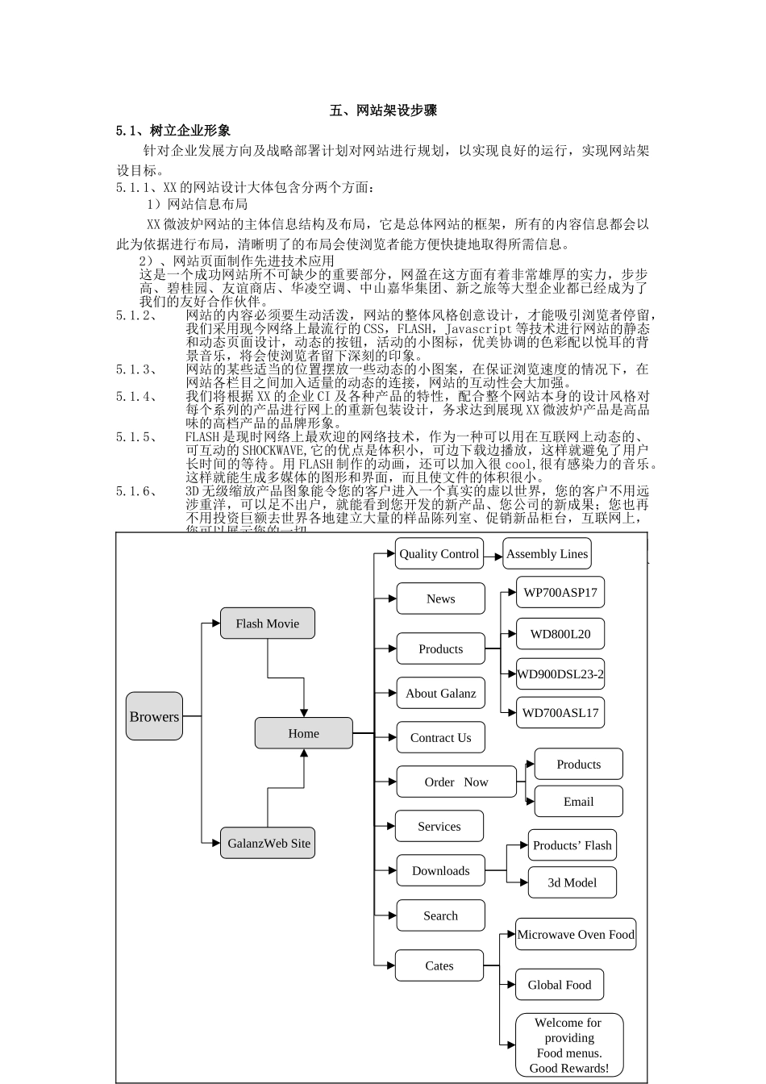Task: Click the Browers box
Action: coord(154,716)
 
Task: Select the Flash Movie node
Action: coord(267,623)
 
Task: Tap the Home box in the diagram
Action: coord(303,733)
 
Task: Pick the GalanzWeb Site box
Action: coord(268,843)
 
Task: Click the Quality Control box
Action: coord(439,553)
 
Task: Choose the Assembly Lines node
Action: coord(547,553)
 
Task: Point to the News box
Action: coord(440,598)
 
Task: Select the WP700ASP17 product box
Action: coord(560,592)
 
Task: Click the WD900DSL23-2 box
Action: coord(560,673)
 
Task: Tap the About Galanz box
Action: coord(440,693)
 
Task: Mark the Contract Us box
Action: coord(440,737)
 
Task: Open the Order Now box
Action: coord(456,782)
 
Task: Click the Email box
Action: coord(578,802)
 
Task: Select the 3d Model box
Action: coord(572,882)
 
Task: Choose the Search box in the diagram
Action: coord(440,915)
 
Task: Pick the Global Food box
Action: coord(560,985)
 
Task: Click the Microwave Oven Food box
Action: coord(576,934)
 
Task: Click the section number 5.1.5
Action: coord(136,436)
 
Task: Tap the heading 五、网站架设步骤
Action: coord(383,110)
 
